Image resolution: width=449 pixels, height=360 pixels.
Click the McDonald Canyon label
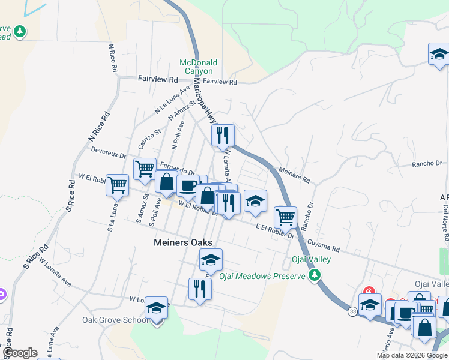pos(198,67)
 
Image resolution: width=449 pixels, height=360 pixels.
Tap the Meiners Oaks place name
pos(183,242)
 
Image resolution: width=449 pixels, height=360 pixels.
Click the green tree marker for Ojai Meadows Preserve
pos(314,275)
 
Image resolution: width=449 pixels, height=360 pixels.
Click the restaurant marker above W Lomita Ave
pos(199,289)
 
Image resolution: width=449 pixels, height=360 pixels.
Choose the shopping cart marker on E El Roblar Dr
pos(285,216)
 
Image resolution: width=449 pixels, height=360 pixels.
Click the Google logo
pos(20,352)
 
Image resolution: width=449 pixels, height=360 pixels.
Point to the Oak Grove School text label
pos(115,320)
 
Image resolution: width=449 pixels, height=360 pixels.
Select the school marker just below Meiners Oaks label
pos(211,260)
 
